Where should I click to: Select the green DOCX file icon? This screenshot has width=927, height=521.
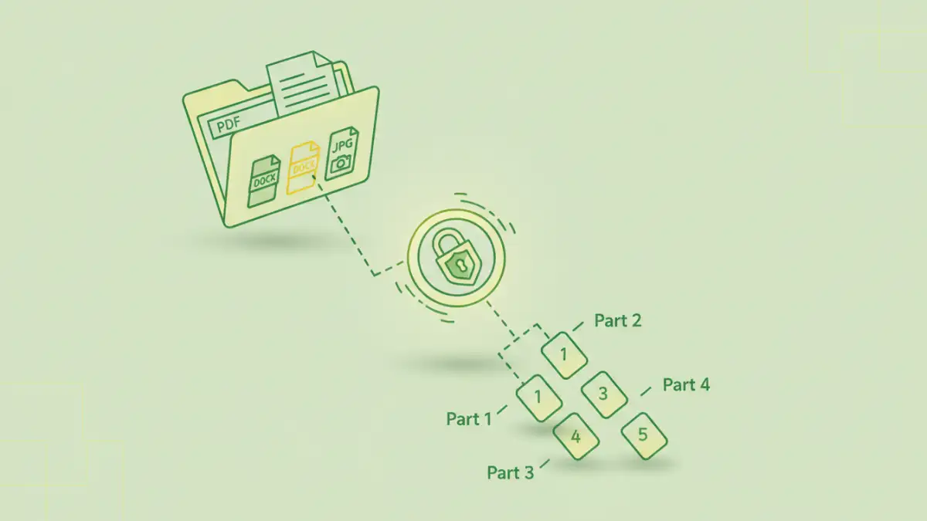263,181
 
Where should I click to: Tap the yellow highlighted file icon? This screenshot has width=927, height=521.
304,167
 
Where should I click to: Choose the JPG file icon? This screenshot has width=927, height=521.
342,154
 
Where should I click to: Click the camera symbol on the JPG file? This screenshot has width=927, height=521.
341,162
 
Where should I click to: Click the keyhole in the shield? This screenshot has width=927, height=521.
460,265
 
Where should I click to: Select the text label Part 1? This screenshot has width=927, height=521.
469,418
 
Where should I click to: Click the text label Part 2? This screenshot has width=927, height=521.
618,320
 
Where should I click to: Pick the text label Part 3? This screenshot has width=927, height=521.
511,472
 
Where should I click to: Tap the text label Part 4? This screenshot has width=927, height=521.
686,384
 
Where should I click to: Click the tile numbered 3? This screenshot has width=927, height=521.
603,394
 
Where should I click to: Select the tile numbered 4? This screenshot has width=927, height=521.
576,437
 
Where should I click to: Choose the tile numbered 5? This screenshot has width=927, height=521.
643,435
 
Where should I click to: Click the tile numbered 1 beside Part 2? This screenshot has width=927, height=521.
564,355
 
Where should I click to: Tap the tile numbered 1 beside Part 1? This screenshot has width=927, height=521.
538,397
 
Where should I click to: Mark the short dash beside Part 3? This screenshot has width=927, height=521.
545,464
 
